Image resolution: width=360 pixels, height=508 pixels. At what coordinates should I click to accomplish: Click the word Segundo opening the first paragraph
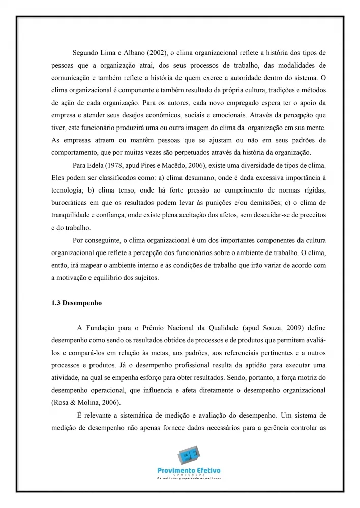[87, 52]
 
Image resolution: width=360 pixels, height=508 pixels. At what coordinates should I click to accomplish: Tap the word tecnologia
[68, 190]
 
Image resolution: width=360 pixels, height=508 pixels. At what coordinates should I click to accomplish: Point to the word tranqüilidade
[74, 216]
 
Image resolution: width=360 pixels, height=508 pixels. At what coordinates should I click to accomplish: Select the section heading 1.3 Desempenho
[77, 303]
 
